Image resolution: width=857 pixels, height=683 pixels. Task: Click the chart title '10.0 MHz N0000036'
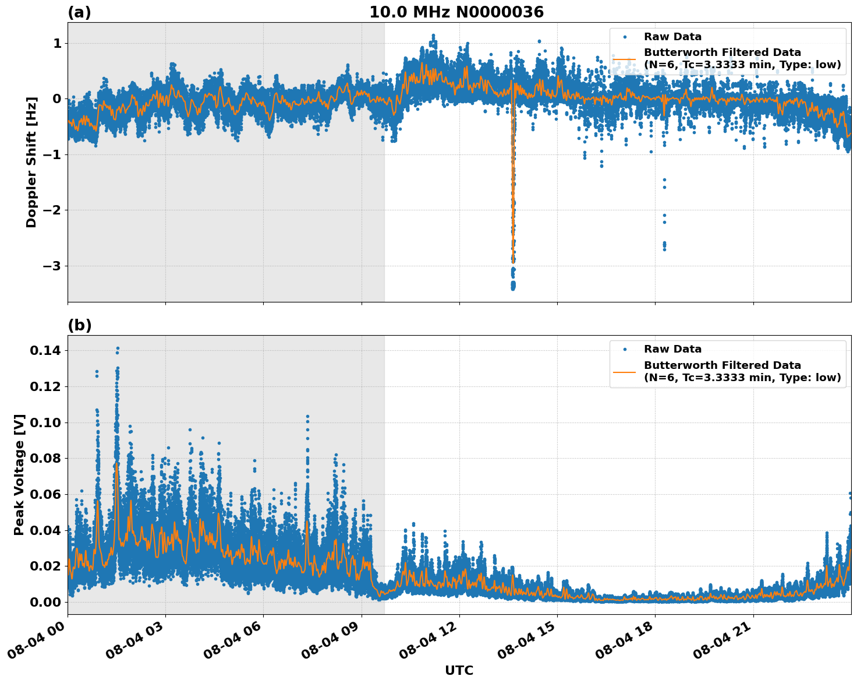[456, 12]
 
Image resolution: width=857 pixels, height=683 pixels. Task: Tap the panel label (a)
[79, 12]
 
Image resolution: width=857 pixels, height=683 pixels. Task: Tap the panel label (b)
[79, 325]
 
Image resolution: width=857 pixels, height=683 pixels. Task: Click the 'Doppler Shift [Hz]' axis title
[31, 162]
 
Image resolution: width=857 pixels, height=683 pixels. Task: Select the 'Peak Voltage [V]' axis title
[19, 474]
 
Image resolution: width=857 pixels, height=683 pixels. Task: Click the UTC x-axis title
[459, 670]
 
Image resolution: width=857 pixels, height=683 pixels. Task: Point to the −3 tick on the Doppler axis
[52, 266]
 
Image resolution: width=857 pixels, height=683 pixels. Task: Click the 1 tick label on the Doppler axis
[57, 44]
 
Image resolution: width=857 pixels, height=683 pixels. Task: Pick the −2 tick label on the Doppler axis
[52, 210]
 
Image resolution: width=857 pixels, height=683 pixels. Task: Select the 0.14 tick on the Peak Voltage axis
[45, 350]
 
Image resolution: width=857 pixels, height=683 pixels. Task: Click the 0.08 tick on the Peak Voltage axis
[45, 458]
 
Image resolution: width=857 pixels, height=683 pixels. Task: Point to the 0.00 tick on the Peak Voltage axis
[45, 602]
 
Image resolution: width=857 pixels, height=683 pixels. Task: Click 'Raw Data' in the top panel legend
[672, 37]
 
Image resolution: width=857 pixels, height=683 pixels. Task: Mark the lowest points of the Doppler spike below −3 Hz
[513, 286]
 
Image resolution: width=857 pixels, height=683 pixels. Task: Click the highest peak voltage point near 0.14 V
[117, 348]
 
